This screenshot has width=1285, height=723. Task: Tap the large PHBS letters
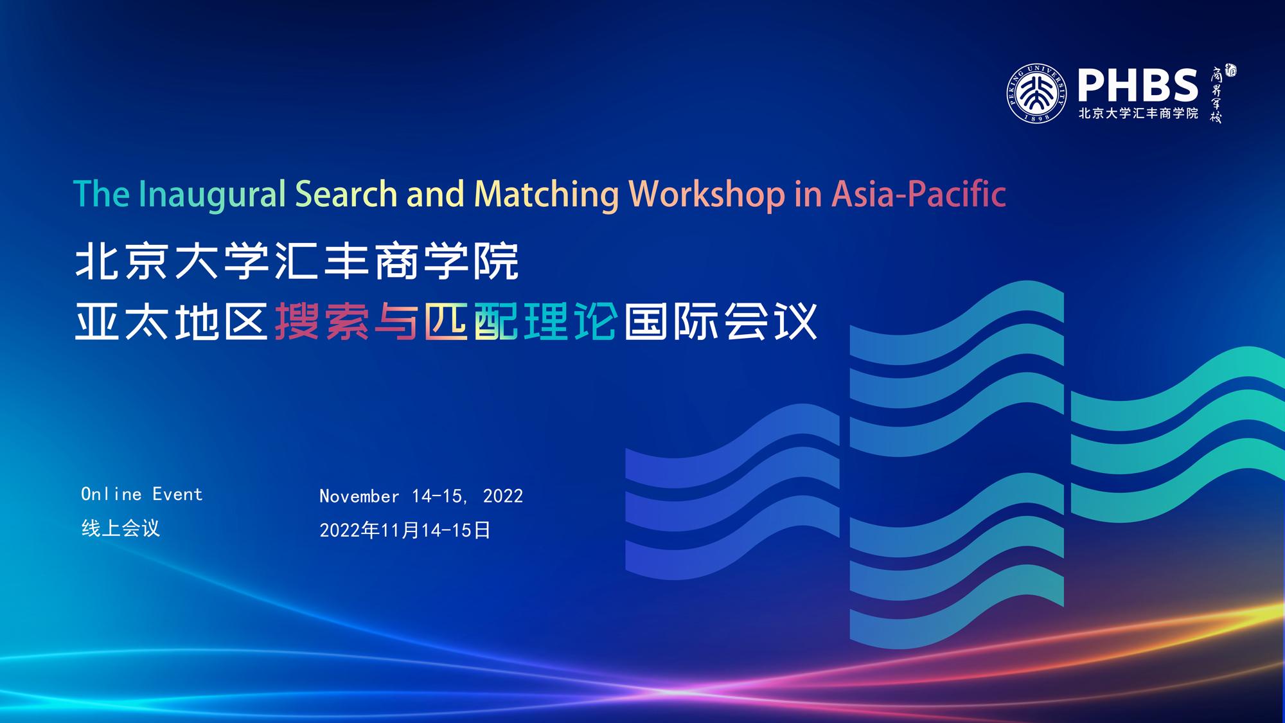1138,86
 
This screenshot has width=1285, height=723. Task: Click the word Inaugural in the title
211,195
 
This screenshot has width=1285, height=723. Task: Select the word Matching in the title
546,195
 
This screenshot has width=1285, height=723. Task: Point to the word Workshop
707,195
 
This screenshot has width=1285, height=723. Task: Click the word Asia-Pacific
919,194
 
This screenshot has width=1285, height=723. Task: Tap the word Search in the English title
346,194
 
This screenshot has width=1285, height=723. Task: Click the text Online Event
142,494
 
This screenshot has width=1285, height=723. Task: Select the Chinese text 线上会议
121,528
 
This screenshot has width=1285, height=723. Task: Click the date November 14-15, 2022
421,496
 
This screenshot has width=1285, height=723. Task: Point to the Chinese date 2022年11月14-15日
405,530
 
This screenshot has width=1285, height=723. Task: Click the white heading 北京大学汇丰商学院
297,262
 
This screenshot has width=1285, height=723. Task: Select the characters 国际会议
720,321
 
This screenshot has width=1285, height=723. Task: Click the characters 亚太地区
172,321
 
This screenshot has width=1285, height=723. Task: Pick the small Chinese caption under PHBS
1139,114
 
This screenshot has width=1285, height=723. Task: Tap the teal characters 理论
571,321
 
